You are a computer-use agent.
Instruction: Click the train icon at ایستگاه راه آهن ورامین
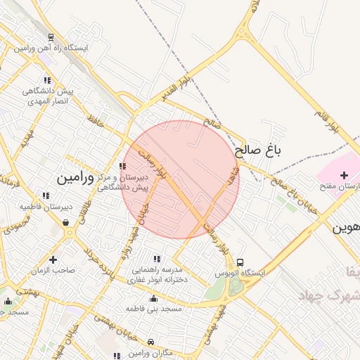[x=51, y=37]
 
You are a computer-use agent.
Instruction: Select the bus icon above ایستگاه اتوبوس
[x=240, y=262]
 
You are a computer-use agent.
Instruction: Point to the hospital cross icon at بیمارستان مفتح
[x=343, y=175]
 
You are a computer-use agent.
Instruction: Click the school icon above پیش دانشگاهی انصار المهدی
[x=47, y=81]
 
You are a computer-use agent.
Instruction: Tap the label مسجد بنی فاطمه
[x=153, y=309]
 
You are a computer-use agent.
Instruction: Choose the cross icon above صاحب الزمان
[x=53, y=259]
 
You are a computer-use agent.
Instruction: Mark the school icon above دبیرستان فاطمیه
[x=46, y=196]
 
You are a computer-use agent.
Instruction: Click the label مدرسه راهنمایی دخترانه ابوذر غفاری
[x=155, y=274]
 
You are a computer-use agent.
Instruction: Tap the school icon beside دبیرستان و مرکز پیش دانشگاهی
[x=123, y=167]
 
